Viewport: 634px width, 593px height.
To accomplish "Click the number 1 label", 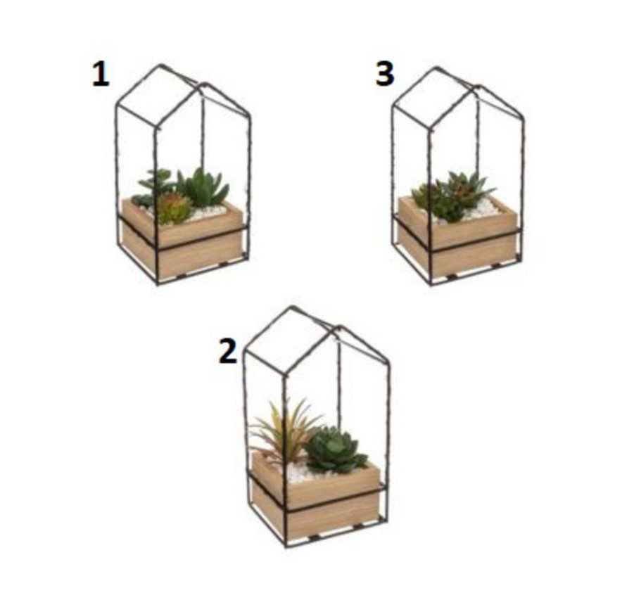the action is pyautogui.click(x=101, y=75).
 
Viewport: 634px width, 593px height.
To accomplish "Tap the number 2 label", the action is pyautogui.click(x=228, y=351).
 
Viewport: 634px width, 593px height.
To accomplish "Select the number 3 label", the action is pyautogui.click(x=384, y=75).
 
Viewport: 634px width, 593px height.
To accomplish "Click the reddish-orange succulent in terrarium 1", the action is pyautogui.click(x=173, y=208).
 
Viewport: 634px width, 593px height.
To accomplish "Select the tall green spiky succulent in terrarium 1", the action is pyautogui.click(x=203, y=188).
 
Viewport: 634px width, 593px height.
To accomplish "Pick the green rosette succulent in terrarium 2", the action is pyautogui.click(x=336, y=449).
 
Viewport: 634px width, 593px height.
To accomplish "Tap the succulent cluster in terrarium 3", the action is pyautogui.click(x=452, y=196).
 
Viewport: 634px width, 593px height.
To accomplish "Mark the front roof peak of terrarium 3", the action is pyautogui.click(x=479, y=87).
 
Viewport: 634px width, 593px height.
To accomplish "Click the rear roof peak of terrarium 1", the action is pyautogui.click(x=160, y=65).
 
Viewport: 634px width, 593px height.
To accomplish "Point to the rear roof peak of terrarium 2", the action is pyautogui.click(x=292, y=307).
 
